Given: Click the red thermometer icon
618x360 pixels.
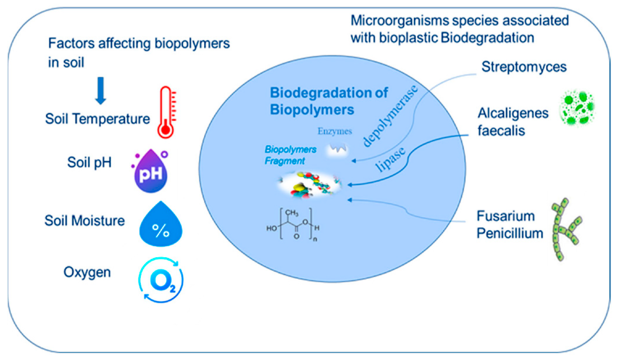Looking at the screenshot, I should (166, 112).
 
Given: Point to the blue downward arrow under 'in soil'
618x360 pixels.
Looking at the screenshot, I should (101, 91).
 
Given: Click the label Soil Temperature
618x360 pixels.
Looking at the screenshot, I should (97, 119).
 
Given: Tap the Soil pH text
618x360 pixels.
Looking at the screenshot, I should (89, 162).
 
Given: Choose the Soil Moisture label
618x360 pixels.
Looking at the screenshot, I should (85, 221).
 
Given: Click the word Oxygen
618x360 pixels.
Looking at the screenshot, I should (87, 273).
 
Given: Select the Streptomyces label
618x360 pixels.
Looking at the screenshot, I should (524, 67).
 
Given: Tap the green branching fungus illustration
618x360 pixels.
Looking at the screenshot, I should (565, 229).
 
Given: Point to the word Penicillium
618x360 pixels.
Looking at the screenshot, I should (510, 234).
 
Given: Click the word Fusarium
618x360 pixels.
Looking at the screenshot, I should (506, 216).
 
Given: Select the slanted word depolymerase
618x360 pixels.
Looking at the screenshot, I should (390, 116).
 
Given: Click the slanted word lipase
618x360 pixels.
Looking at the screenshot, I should (391, 159).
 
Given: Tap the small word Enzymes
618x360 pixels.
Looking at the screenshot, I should (334, 131).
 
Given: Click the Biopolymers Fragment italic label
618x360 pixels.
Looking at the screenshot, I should (290, 155).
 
